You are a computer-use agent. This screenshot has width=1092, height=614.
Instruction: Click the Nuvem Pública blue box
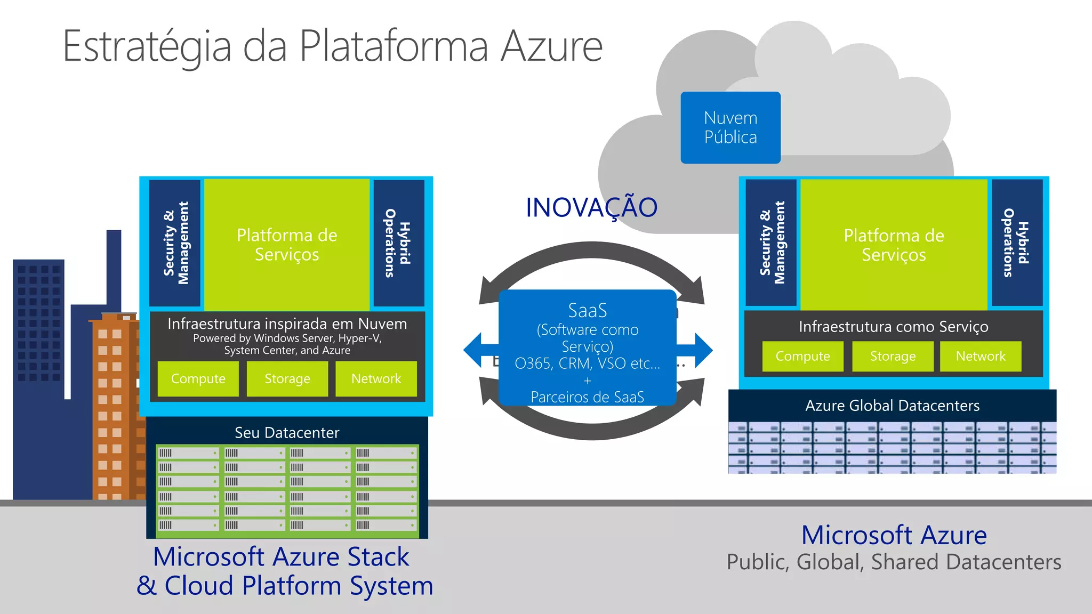coord(730,127)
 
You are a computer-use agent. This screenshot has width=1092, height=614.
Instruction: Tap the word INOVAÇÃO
coord(591,208)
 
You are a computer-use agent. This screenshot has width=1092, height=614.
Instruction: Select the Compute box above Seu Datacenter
coord(198,379)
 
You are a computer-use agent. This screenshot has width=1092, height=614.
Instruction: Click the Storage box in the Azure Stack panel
coord(287,379)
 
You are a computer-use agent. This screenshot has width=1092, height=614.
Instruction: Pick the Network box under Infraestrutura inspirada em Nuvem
coord(376,379)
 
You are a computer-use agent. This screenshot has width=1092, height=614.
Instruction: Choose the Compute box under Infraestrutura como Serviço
coord(802,356)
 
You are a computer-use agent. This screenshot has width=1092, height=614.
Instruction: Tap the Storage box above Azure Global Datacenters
coord(893,356)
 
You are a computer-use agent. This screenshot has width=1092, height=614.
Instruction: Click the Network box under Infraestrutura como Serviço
coord(980,356)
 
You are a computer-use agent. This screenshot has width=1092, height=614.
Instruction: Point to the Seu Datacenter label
coord(287,432)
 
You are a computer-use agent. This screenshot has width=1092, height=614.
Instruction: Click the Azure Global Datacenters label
coord(892,406)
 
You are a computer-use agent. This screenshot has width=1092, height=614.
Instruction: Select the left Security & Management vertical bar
coord(175,243)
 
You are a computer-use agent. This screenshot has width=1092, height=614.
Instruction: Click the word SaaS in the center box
coord(587,310)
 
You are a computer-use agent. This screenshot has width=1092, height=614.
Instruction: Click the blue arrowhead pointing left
coord(473,350)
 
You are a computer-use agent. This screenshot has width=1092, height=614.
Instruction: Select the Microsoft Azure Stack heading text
coord(281,557)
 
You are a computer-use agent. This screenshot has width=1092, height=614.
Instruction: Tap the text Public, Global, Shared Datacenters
coord(894,562)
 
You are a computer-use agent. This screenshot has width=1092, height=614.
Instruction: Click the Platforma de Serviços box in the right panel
coord(894,245)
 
